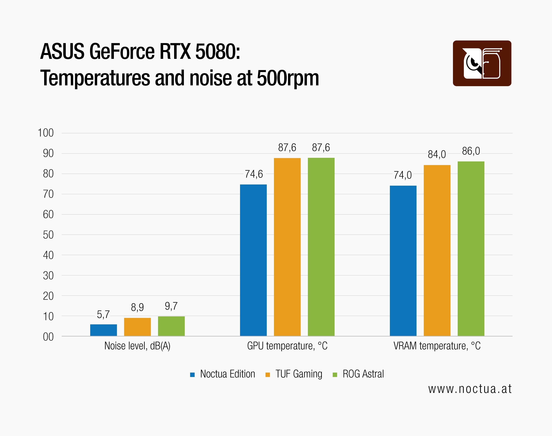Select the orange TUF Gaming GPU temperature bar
coord(287,247)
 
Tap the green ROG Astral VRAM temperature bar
coord(471,249)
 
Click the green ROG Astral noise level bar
coord(171,326)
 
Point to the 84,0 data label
coord(437,154)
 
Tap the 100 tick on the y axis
coord(46,133)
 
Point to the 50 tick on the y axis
coord(48,235)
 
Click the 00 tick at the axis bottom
coord(48,337)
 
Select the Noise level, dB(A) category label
coord(137,346)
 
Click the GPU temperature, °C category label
coord(287,346)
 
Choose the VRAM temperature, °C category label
coord(437,346)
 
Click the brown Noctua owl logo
coord(482,63)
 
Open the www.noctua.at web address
coord(470,389)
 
